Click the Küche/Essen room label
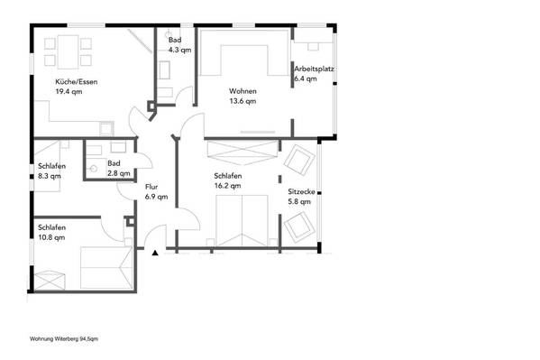(x=77, y=82)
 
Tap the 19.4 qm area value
(x=69, y=92)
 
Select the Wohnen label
(x=243, y=91)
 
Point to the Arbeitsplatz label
(x=314, y=69)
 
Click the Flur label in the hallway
(x=151, y=187)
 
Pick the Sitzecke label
(x=302, y=191)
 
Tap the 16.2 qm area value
(x=228, y=186)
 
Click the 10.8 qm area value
(x=51, y=237)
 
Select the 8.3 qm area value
(x=50, y=176)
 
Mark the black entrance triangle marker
(x=155, y=254)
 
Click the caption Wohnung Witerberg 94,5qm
(x=64, y=339)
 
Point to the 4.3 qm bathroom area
(x=179, y=50)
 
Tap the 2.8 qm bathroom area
(x=119, y=173)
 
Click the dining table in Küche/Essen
(x=68, y=52)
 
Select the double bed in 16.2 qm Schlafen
(x=243, y=221)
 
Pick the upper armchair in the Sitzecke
(x=299, y=160)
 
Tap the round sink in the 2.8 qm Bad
(x=93, y=169)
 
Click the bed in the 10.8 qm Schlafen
(x=106, y=268)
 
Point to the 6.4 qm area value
(x=306, y=79)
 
